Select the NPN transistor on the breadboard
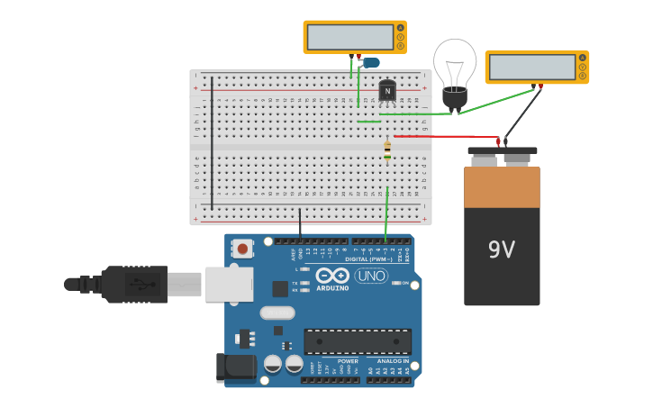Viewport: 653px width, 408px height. click(387, 91)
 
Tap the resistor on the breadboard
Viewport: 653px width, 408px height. click(387, 150)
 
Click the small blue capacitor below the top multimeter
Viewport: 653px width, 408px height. click(370, 62)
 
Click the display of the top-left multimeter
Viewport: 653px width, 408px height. click(349, 37)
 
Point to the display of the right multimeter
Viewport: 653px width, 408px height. click(531, 67)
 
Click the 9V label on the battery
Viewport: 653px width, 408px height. click(502, 249)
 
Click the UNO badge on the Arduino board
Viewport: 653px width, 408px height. click(371, 276)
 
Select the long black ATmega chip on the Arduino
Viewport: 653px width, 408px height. click(358, 341)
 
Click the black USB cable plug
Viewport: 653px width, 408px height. click(135, 285)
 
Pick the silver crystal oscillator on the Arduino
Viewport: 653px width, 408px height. click(277, 313)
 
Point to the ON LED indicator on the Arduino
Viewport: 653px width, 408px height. click(396, 283)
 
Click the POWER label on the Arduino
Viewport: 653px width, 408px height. click(322, 360)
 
